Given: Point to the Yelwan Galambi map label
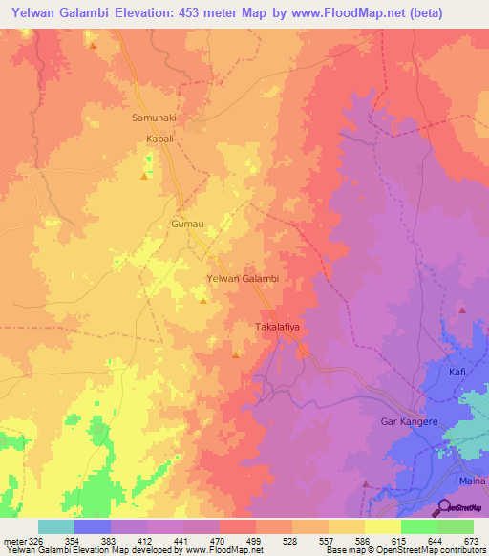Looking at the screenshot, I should coord(243,279).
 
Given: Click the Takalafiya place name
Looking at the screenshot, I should coord(278,327).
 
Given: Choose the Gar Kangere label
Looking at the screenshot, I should coord(408,421).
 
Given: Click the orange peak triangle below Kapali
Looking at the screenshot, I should coord(144,176).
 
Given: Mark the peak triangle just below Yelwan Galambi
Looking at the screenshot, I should coord(202,301).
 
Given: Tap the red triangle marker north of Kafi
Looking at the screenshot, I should coord(461,310).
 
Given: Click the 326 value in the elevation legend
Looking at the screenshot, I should coord(37,541).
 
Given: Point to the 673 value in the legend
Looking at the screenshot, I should coord(472,541).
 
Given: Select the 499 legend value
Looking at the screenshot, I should coord(255,541).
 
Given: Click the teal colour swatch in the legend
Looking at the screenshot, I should coord(56,526).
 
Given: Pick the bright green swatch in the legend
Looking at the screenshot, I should coord(418,526).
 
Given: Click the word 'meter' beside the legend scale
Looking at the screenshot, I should coord(14,541).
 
